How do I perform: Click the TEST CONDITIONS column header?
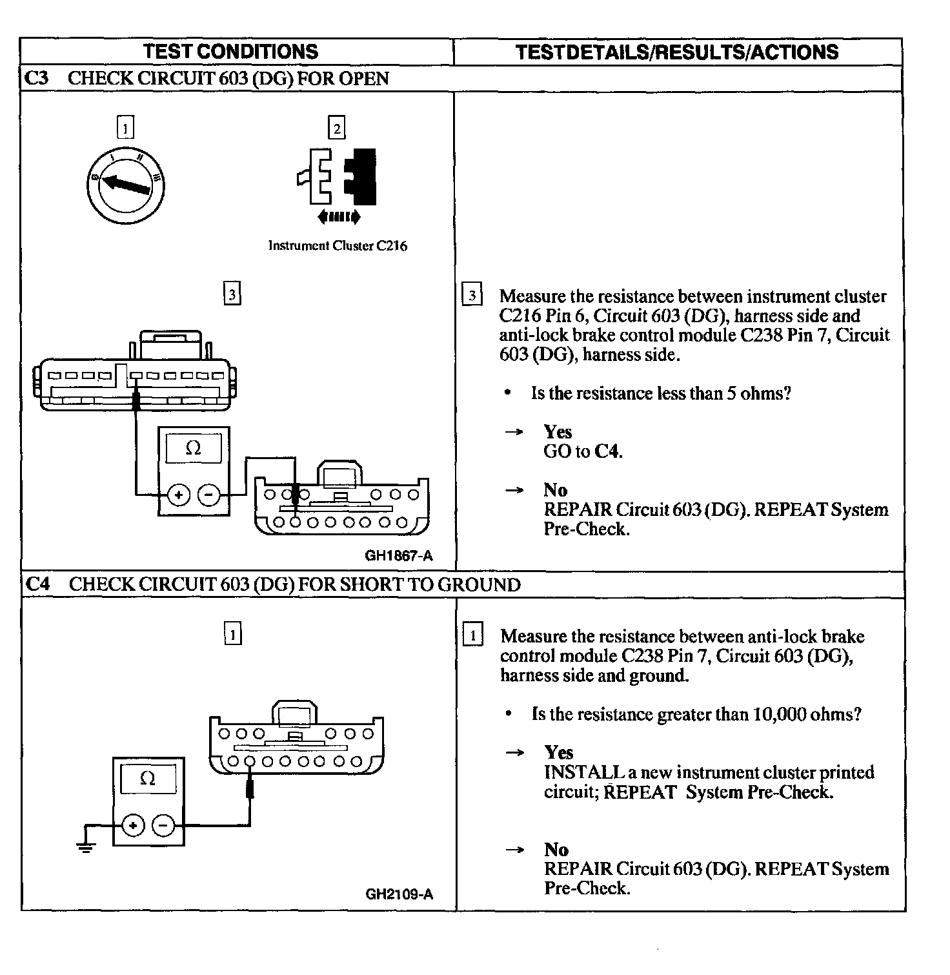230,52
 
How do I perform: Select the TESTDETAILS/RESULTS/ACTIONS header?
677,52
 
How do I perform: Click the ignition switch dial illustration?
125,186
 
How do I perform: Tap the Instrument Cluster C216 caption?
338,246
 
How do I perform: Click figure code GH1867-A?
398,555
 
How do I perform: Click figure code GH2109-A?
399,894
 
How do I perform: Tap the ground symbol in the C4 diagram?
85,847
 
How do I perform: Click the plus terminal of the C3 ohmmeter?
178,495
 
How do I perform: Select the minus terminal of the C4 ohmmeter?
163,826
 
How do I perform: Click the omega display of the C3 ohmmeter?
194,448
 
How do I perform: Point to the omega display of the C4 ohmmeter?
148,779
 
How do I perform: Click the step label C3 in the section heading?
36,79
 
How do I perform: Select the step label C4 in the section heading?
37,584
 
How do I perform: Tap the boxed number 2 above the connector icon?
337,128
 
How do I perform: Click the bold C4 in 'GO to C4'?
607,451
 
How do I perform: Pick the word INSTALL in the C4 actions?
576,772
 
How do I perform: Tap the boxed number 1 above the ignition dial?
125,127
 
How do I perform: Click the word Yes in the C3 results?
558,432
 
